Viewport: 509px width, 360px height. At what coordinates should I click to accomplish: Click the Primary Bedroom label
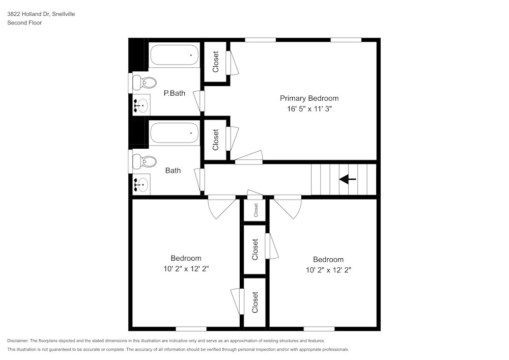point(309,98)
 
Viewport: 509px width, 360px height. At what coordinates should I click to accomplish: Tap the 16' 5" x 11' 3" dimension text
point(309,108)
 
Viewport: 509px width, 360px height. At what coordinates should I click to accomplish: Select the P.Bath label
point(174,93)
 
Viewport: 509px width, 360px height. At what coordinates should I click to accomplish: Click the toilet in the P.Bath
point(145,82)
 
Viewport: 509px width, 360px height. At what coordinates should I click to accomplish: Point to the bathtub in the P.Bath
point(175,55)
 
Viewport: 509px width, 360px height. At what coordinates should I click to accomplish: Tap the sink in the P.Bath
point(141,106)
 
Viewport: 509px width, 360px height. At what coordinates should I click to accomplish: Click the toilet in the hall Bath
point(145,162)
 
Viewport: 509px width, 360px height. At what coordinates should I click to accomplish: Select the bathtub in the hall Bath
point(175,134)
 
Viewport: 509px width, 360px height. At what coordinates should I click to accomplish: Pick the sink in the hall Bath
point(141,184)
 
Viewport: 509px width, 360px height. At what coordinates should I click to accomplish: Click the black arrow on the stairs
point(348,179)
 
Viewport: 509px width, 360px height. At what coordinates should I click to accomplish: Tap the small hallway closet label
point(256,209)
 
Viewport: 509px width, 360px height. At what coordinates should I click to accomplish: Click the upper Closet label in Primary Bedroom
point(216,62)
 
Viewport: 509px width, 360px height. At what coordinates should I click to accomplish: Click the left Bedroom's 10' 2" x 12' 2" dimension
point(186,268)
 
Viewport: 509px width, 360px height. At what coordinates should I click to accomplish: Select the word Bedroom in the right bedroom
point(328,259)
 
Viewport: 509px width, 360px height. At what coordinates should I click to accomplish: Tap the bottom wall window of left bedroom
point(191,329)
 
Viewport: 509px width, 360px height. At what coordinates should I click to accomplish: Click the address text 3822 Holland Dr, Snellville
point(41,14)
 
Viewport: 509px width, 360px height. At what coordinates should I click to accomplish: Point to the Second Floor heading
point(24,23)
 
